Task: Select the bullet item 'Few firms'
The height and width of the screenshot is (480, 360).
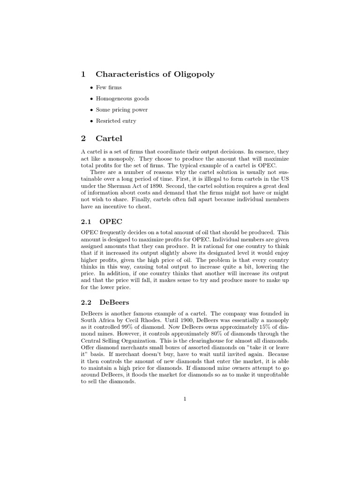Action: [109, 87]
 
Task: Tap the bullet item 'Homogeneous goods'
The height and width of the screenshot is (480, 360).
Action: [122, 98]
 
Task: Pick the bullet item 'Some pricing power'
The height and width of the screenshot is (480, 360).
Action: [122, 110]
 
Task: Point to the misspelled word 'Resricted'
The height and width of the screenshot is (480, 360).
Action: [107, 121]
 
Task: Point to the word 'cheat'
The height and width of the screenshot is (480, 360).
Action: [142, 207]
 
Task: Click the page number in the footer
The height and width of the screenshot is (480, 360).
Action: [185, 399]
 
